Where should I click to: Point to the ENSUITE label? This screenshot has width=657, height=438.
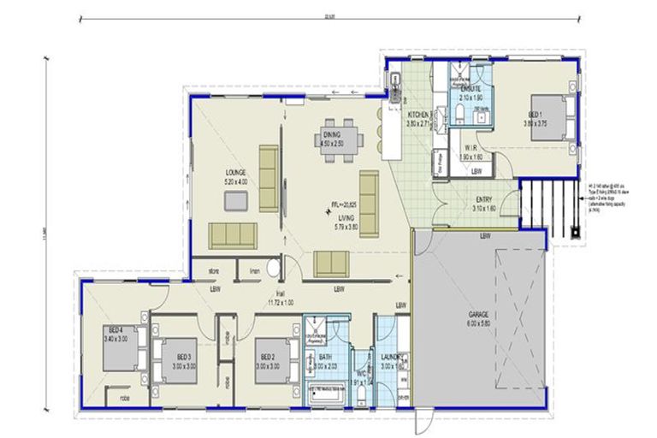coord(471,89)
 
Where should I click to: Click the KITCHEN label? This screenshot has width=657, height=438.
coord(420,115)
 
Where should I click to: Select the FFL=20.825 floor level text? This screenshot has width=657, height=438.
coord(346,204)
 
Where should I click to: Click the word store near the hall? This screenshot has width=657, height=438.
coord(215,272)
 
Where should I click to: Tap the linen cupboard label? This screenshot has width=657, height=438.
coord(253,272)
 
